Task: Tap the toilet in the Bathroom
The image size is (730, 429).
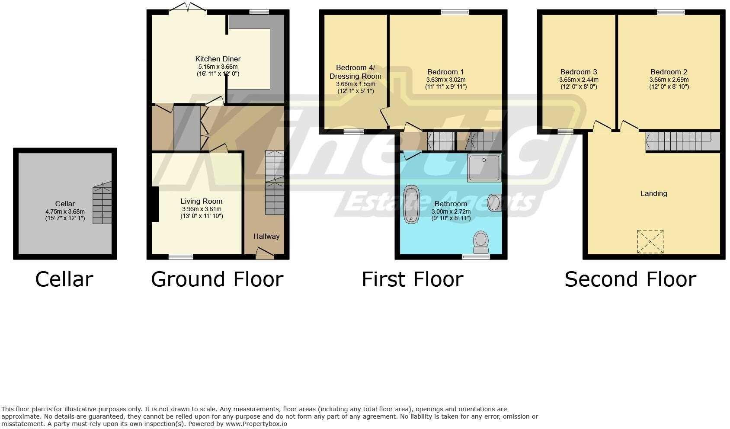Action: click(481, 242)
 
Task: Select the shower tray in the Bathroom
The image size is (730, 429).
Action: click(484, 167)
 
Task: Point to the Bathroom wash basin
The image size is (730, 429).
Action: click(494, 202)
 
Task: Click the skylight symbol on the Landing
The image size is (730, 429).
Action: click(650, 241)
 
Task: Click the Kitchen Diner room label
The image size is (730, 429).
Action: click(218, 59)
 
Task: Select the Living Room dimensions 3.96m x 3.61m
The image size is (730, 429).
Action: click(202, 209)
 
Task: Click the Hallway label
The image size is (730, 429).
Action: click(266, 236)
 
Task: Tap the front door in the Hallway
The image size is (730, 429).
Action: click(265, 253)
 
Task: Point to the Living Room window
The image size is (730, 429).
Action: click(181, 257)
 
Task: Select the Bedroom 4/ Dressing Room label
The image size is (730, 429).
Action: click(355, 72)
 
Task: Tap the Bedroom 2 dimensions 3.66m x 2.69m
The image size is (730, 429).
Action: click(669, 80)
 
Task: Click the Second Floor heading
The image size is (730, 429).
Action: click(630, 279)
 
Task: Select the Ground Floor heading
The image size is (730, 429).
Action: click(217, 279)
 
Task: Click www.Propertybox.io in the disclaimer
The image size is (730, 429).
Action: click(256, 424)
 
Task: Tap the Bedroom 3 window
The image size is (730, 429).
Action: click(565, 131)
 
